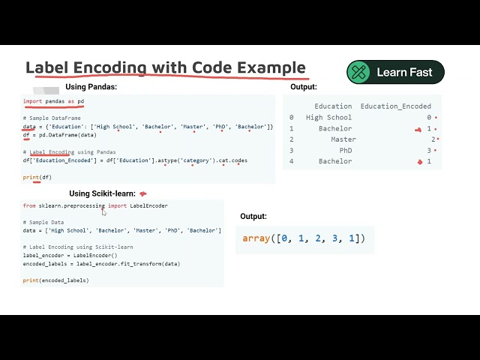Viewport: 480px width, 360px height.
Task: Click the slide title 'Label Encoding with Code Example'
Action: click(x=166, y=67)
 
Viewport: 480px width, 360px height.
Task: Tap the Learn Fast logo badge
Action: click(x=395, y=72)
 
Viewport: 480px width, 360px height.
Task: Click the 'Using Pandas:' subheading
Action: click(x=91, y=87)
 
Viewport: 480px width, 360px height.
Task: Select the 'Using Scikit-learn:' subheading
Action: click(x=102, y=193)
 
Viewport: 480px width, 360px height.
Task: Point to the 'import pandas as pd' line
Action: click(x=53, y=101)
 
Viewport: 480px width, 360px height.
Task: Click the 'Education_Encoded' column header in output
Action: click(x=395, y=106)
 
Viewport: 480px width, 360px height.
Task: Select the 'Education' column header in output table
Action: click(x=333, y=106)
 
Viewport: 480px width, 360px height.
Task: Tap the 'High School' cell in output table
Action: click(x=328, y=118)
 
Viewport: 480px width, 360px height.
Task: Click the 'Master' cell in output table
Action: click(x=343, y=139)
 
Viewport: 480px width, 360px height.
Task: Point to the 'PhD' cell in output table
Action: click(x=345, y=151)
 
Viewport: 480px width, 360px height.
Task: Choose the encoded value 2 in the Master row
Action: click(x=433, y=139)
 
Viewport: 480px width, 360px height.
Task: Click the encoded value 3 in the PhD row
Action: click(x=429, y=151)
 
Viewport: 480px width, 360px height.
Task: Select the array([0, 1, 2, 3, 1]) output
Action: click(x=304, y=238)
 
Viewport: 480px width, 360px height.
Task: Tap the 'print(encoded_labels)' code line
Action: click(x=55, y=280)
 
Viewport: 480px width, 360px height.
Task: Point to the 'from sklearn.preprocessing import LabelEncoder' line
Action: click(x=95, y=205)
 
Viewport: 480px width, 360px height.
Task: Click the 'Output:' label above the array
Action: click(x=253, y=217)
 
